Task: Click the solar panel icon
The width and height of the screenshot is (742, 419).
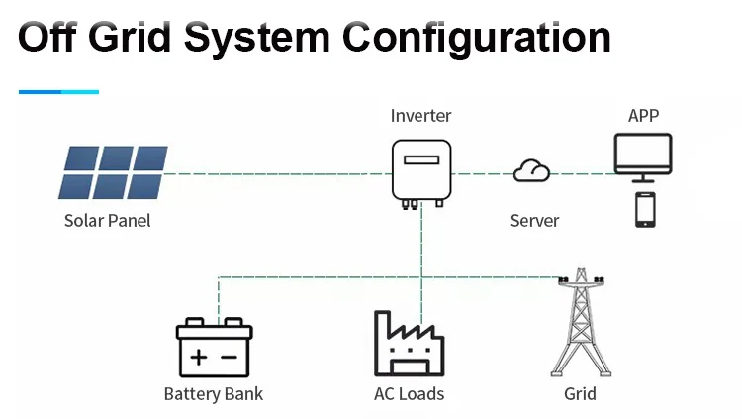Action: click(112, 172)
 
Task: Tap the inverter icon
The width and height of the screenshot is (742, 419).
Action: click(420, 171)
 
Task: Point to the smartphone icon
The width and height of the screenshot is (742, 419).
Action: click(645, 210)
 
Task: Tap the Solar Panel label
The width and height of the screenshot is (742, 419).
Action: click(108, 220)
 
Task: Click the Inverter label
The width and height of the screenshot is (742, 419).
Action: click(420, 116)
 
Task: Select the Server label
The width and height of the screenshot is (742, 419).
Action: click(534, 220)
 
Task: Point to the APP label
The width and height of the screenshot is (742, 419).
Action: click(643, 116)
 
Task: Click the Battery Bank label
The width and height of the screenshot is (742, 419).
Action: click(214, 394)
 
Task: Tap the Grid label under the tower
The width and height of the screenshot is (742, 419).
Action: click(580, 394)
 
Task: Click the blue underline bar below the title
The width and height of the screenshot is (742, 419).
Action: click(58, 91)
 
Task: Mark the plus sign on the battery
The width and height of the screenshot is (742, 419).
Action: click(199, 356)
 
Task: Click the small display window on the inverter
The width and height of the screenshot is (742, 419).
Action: click(420, 158)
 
